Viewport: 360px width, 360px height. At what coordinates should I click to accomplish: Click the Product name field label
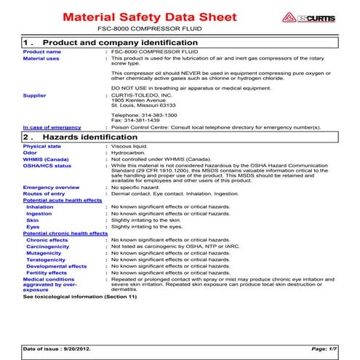(42, 52)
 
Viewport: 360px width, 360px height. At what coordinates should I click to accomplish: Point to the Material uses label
(41, 59)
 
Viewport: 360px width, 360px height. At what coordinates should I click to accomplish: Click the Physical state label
(42, 146)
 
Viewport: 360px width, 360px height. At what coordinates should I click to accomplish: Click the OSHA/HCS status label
(47, 166)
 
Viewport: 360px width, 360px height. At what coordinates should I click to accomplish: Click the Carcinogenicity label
(52, 246)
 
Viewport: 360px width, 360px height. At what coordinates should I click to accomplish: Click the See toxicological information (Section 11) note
(80, 297)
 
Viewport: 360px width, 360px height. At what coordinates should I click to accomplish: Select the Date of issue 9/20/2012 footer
(60, 350)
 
